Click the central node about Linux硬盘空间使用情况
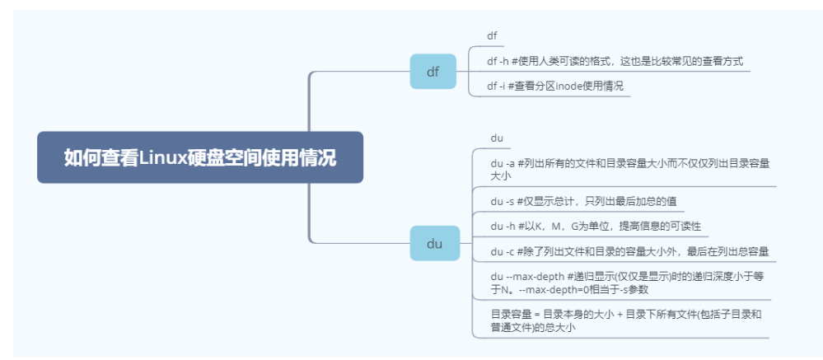click(x=199, y=157)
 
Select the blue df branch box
click(x=433, y=72)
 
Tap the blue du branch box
click(x=433, y=244)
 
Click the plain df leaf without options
click(x=492, y=36)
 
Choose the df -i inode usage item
click(x=556, y=86)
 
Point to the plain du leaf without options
click(x=497, y=138)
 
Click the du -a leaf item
click(x=629, y=169)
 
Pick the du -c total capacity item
click(x=629, y=250)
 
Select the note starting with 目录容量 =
click(x=625, y=320)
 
